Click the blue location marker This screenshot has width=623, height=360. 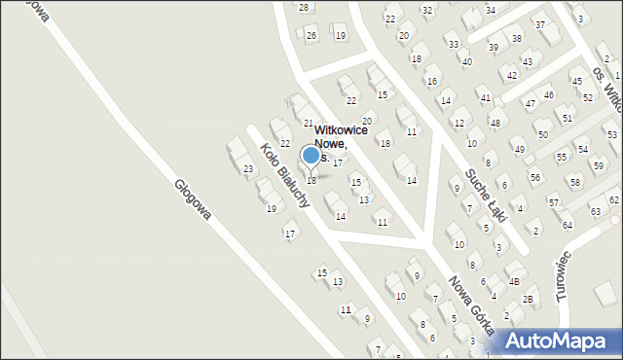pyautogui.click(x=311, y=155)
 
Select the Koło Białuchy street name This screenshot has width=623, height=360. pyautogui.click(x=284, y=176)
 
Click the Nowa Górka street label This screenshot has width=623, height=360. pyautogui.click(x=471, y=304)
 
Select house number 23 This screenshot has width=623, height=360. pyautogui.click(x=248, y=169)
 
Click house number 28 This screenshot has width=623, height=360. pyautogui.click(x=304, y=7)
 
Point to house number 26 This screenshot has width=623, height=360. pyautogui.click(x=311, y=36)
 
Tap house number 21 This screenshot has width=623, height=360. pyautogui.click(x=309, y=124)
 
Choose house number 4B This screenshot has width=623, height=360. pyautogui.click(x=514, y=281)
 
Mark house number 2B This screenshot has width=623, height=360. pyautogui.click(x=528, y=299)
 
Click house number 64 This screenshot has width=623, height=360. pyautogui.click(x=568, y=226)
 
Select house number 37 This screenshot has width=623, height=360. pyautogui.click(x=539, y=23)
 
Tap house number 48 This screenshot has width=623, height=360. pyautogui.click(x=495, y=123)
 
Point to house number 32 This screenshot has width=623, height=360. pyautogui.click(x=427, y=10)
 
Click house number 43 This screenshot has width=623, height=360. pyautogui.click(x=527, y=61)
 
